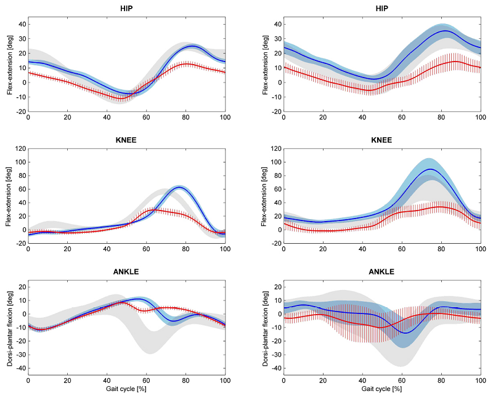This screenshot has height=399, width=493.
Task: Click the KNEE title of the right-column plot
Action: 381,140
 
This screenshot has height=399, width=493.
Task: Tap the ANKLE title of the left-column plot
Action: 126,272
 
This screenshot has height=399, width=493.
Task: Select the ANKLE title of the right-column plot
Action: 381,272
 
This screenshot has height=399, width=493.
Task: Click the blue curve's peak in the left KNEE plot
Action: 179,187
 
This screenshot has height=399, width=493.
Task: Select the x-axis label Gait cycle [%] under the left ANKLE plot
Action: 126,389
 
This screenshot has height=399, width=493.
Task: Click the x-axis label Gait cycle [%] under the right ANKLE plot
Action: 381,389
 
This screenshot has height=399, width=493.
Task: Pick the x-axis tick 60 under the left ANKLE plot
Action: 146,381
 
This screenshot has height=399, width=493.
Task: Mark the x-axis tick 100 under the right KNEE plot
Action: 480,249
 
